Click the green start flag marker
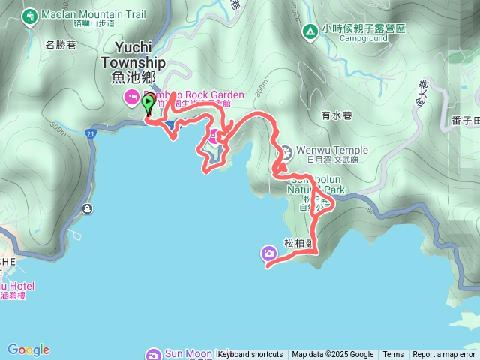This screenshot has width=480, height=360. (x=148, y=104)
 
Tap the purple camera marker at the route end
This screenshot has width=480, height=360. (x=268, y=253)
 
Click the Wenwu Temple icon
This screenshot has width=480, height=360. (x=286, y=155)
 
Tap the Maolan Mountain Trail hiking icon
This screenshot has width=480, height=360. (x=30, y=15)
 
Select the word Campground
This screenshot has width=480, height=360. (x=363, y=37)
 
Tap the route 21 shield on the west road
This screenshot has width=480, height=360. (x=90, y=133)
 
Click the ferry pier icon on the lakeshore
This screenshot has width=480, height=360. (x=88, y=208)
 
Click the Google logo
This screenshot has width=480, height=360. (x=28, y=349)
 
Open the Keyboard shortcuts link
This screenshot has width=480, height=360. (x=250, y=355)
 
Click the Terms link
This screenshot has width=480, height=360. (x=393, y=355)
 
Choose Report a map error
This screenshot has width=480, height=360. (x=444, y=355)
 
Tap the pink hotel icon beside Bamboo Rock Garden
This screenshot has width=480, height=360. (x=129, y=96)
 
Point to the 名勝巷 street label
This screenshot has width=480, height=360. (x=60, y=45)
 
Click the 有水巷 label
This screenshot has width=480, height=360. (x=336, y=115)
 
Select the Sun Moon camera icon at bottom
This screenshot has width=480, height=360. (x=153, y=354)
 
